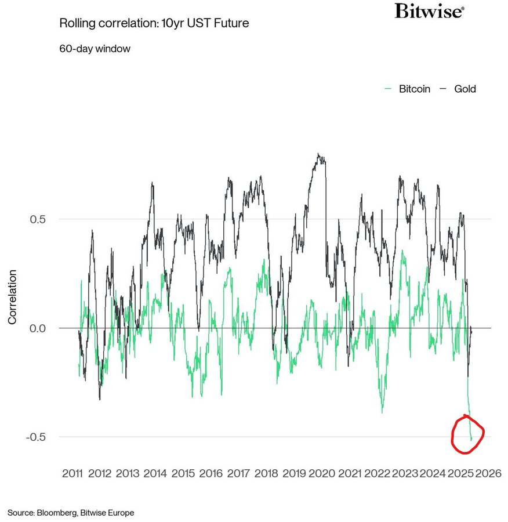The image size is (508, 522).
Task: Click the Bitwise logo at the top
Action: pyautogui.click(x=429, y=11)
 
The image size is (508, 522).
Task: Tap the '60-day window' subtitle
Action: pyautogui.click(x=95, y=49)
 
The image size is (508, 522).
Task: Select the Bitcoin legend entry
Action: pyautogui.click(x=408, y=89)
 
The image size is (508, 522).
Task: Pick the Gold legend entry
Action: pyautogui.click(x=458, y=89)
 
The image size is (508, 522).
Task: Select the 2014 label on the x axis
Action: pyautogui.click(x=155, y=473)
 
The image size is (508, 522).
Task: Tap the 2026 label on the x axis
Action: pyautogui.click(x=488, y=473)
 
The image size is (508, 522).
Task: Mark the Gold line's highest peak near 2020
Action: pyautogui.click(x=318, y=154)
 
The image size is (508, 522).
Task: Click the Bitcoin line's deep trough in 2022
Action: pyautogui.click(x=382, y=412)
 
